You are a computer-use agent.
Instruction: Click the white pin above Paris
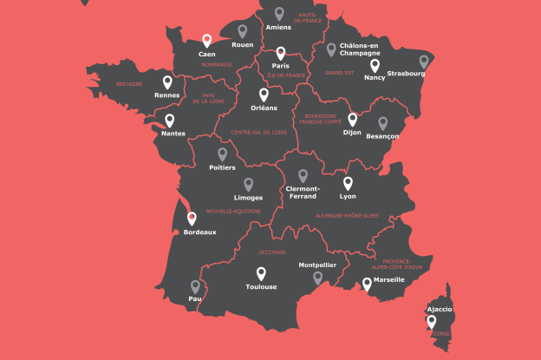coord(280,53)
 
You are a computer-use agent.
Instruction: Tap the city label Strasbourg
coord(406,74)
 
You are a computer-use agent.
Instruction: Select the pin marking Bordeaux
coord(192,219)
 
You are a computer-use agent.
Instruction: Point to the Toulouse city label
coord(261,286)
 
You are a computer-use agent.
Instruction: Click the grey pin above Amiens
coord(279,14)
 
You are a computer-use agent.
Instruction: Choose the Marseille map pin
coord(367,284)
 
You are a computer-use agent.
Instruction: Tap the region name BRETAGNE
coord(128,84)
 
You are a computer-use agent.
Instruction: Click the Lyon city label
coord(349,196)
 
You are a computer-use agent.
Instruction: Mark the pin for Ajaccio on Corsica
coord(431,322)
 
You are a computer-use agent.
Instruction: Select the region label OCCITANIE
coord(272,252)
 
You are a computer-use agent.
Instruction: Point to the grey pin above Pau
coord(195,286)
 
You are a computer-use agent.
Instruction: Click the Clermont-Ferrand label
coord(303,192)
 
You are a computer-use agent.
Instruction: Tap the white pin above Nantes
coord(170,121)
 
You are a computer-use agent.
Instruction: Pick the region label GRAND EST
coord(340,74)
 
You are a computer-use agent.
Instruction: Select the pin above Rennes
coord(166,82)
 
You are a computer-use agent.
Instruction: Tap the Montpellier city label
coord(317,265)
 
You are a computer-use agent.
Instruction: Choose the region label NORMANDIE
coord(218,64)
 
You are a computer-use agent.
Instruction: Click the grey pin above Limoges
coord(249,185)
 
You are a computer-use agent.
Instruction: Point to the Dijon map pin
coord(353,119)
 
